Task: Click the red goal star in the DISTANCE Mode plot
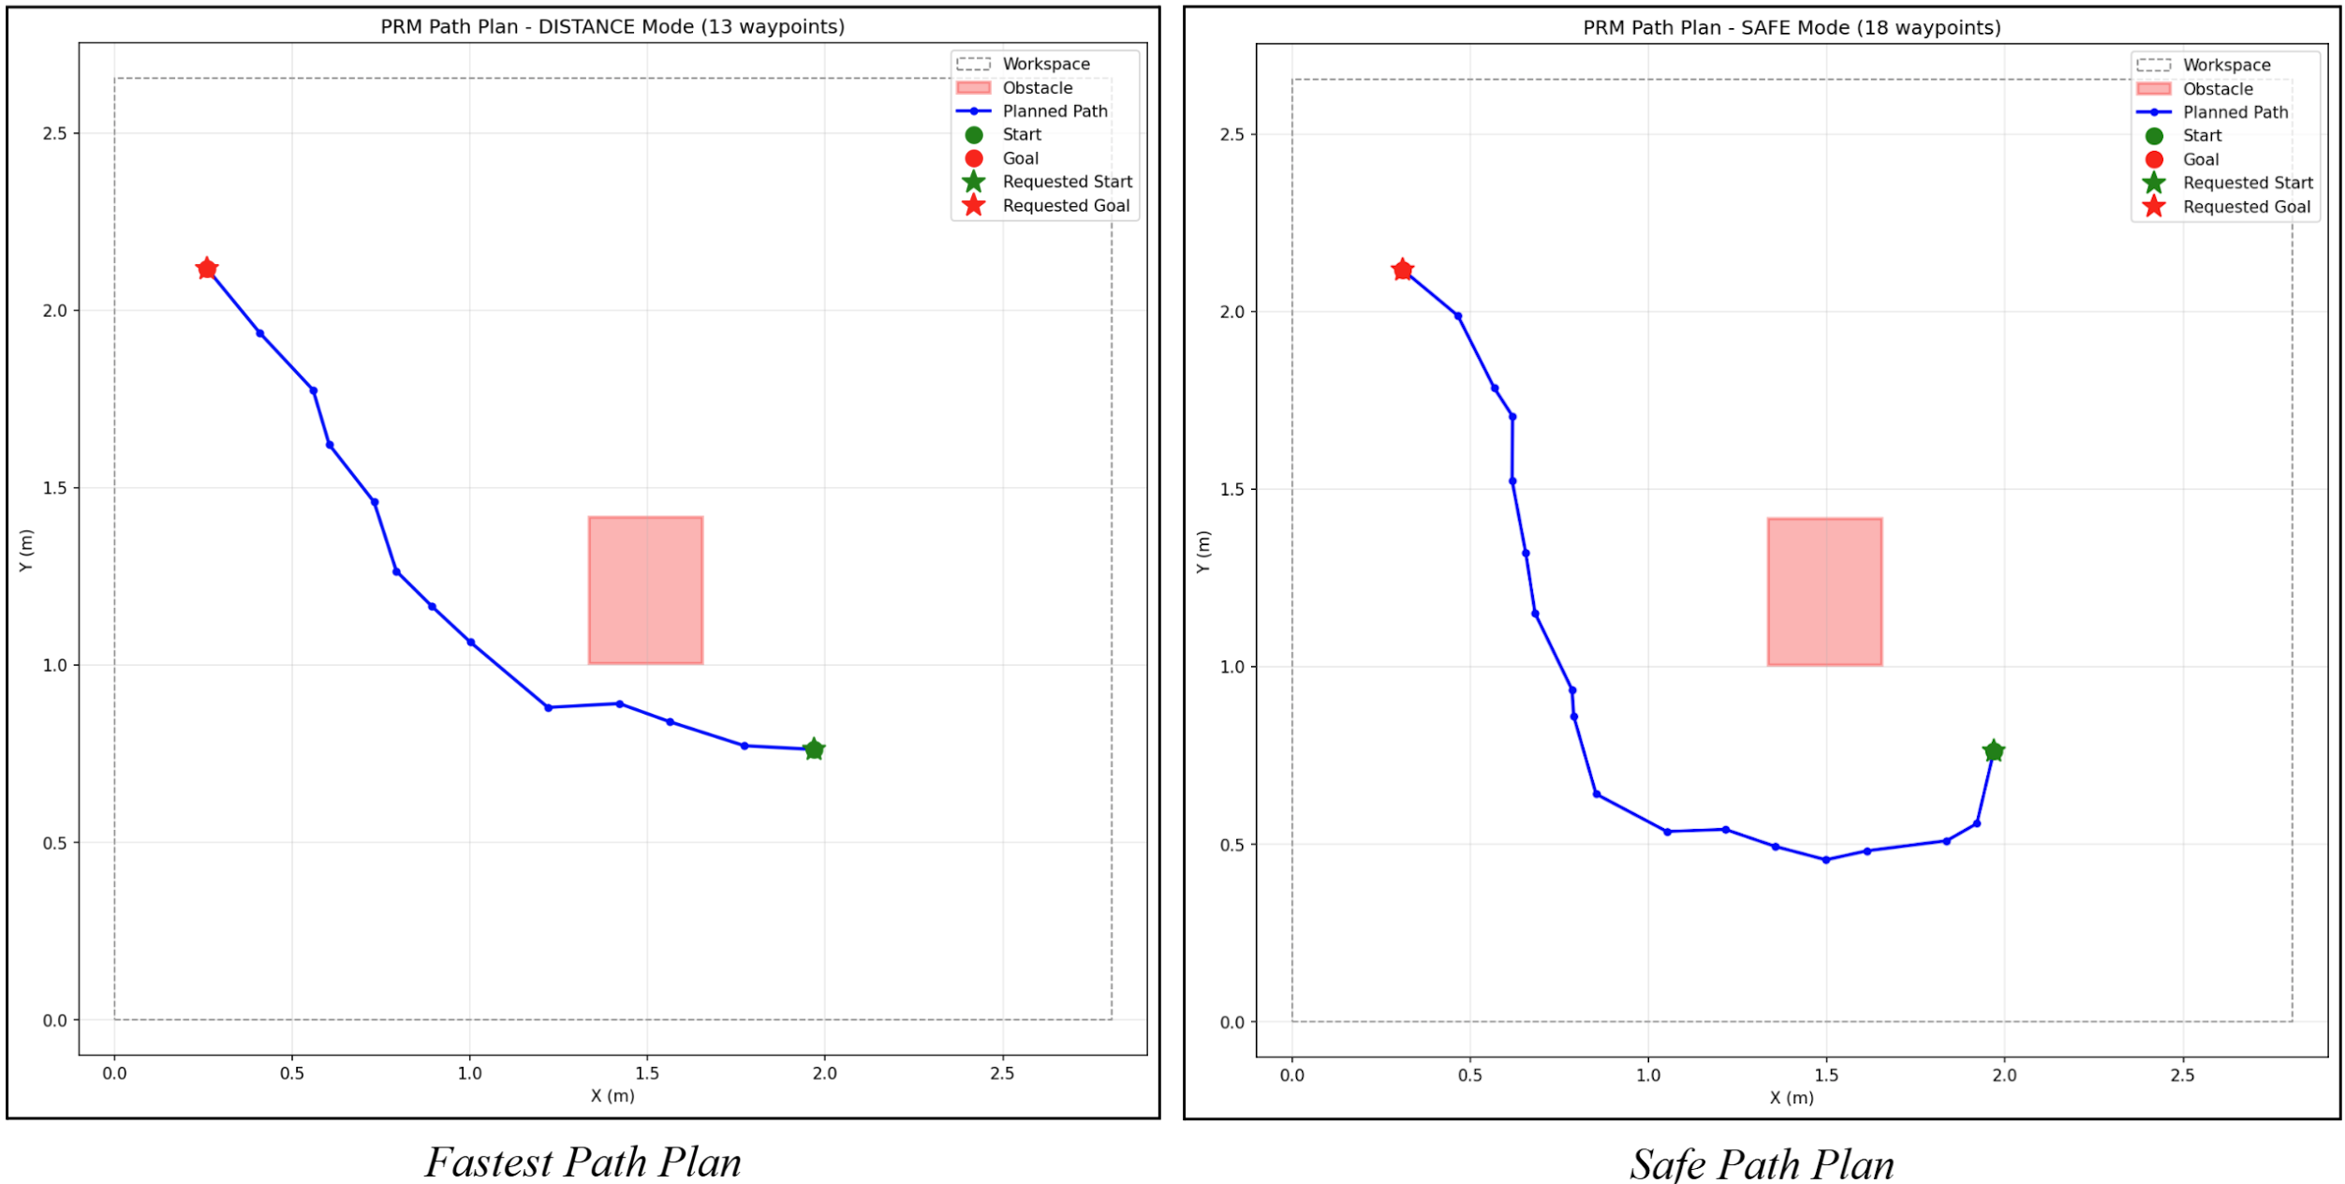(207, 270)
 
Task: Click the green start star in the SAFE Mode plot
(1993, 751)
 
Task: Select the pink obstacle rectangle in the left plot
(645, 590)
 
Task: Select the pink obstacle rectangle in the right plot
(1824, 592)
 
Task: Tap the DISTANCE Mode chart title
(612, 27)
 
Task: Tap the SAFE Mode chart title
(1792, 28)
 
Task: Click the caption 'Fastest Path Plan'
(583, 1162)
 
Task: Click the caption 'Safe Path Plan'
(1762, 1164)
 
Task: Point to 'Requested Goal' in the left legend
(1066, 206)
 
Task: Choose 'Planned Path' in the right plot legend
(2234, 112)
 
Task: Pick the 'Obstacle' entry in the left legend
(1037, 88)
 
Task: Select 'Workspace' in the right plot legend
(2226, 65)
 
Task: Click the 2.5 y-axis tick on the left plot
(55, 134)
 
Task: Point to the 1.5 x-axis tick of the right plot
(1826, 1075)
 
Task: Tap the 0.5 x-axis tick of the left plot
(292, 1073)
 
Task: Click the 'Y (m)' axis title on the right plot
(1203, 552)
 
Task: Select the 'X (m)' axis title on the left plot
(612, 1096)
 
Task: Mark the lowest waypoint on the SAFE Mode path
(1826, 860)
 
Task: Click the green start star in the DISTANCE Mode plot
(814, 749)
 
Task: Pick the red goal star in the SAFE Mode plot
(1402, 271)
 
